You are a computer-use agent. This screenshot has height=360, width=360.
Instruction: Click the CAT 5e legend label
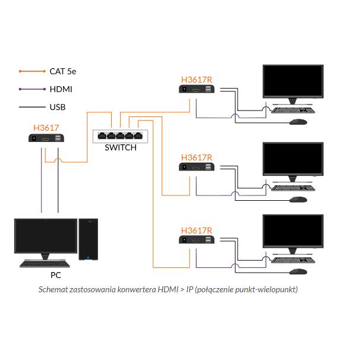[62, 71]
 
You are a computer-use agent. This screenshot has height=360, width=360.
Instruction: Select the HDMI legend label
[61, 90]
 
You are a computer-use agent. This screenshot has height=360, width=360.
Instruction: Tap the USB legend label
[58, 108]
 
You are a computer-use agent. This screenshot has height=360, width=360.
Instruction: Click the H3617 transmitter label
[46, 127]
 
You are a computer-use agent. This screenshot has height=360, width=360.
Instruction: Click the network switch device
[120, 135]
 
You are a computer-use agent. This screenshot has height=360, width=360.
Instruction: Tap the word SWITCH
[120, 148]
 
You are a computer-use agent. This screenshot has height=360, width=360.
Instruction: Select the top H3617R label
[197, 79]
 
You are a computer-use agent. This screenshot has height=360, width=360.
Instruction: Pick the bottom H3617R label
[197, 229]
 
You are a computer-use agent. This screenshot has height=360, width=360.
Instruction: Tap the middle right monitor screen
[293, 159]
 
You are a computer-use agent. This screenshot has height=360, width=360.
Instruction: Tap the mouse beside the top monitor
[298, 122]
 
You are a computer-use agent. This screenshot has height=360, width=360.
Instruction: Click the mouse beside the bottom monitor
[298, 271]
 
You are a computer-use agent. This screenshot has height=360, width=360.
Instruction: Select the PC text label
[55, 275]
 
